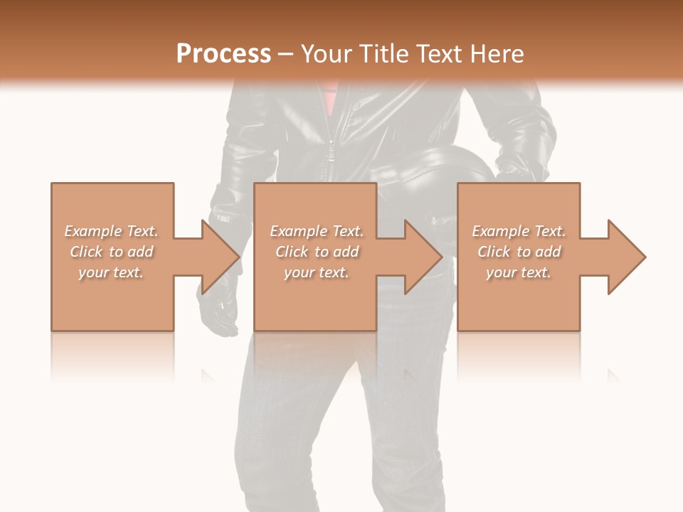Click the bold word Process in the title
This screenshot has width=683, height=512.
[223, 53]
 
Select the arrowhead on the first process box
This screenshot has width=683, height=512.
[220, 257]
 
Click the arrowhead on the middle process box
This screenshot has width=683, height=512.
[423, 257]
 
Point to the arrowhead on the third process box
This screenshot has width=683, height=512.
[626, 257]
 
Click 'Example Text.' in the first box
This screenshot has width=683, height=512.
[111, 231]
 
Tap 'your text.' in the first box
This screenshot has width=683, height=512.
[111, 272]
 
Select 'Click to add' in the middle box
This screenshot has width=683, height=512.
[317, 252]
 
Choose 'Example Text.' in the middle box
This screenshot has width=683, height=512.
[317, 231]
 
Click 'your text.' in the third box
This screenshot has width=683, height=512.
[519, 272]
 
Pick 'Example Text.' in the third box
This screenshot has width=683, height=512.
[519, 231]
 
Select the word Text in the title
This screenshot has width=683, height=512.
[440, 53]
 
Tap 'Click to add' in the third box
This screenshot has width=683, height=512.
[519, 252]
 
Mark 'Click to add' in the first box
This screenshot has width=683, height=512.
[111, 252]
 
